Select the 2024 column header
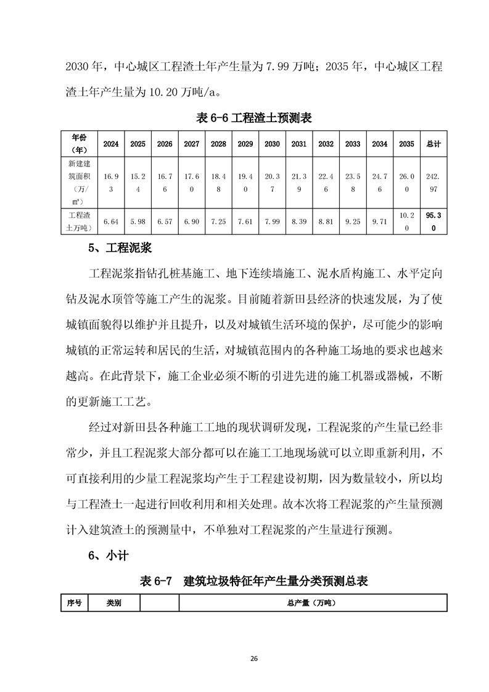[111, 144]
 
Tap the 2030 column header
[272, 144]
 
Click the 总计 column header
[434, 144]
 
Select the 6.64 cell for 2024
[111, 221]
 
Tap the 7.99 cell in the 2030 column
[272, 221]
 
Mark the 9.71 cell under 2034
[380, 221]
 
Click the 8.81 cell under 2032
[326, 221]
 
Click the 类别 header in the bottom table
[114, 603]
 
